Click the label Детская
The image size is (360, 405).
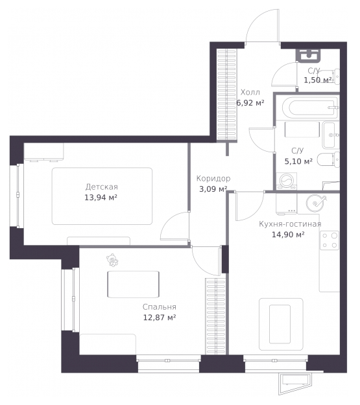(x=101, y=187)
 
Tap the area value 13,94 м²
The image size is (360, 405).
(x=101, y=198)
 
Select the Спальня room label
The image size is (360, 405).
(x=160, y=307)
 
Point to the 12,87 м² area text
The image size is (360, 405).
(x=160, y=317)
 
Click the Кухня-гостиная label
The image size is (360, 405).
(x=290, y=224)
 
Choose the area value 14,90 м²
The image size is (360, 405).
(x=288, y=235)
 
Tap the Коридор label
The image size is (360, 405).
(x=213, y=178)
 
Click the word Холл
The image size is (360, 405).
(x=250, y=92)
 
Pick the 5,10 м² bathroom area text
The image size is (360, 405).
(x=298, y=161)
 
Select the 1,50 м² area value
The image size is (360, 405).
(x=318, y=80)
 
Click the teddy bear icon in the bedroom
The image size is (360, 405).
(x=112, y=260)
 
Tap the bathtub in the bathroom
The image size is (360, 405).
(x=310, y=108)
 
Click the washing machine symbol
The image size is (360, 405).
(x=286, y=181)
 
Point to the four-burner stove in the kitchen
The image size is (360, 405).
(x=330, y=240)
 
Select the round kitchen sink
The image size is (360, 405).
(x=315, y=203)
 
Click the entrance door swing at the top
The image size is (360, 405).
(x=261, y=25)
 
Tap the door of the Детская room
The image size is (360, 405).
(x=174, y=226)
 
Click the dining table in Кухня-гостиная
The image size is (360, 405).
(x=281, y=324)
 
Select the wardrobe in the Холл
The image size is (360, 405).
(x=226, y=95)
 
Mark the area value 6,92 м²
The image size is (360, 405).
(x=250, y=103)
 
